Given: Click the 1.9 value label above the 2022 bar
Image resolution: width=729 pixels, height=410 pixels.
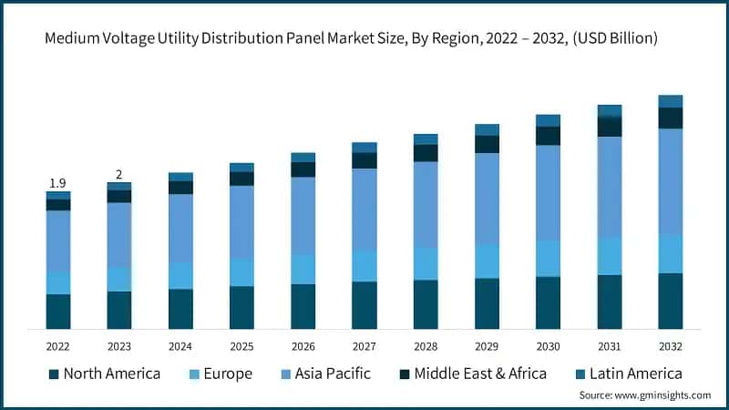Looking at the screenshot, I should point(57,183).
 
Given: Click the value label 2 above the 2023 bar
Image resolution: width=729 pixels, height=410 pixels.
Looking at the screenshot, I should point(118,174).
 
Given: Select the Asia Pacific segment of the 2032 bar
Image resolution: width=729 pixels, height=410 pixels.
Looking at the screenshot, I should point(670,181).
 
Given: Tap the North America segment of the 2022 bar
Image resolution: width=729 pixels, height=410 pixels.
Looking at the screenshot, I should point(57,311).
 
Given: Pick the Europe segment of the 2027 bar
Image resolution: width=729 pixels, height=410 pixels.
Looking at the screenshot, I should point(364,265).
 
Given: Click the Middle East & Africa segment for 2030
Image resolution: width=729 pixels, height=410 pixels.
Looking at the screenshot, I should point(548,136).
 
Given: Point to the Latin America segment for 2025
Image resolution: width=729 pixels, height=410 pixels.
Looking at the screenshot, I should point(241,168).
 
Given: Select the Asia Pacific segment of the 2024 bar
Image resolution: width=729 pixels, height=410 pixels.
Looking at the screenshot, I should point(180,228).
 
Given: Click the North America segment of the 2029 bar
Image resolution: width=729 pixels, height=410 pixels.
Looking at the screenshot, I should point(487,302).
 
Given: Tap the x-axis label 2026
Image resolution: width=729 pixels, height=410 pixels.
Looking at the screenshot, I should point(303,346).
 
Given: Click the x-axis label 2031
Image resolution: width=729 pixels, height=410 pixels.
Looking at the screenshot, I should point(609,346).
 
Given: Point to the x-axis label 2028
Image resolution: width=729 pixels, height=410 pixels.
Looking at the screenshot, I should point(426,346).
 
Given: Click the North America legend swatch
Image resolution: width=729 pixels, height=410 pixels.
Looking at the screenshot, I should point(54,374).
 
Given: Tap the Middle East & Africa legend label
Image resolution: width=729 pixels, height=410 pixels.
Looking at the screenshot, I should point(480,374).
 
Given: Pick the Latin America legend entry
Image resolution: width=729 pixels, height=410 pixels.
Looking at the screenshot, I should point(633,374).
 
